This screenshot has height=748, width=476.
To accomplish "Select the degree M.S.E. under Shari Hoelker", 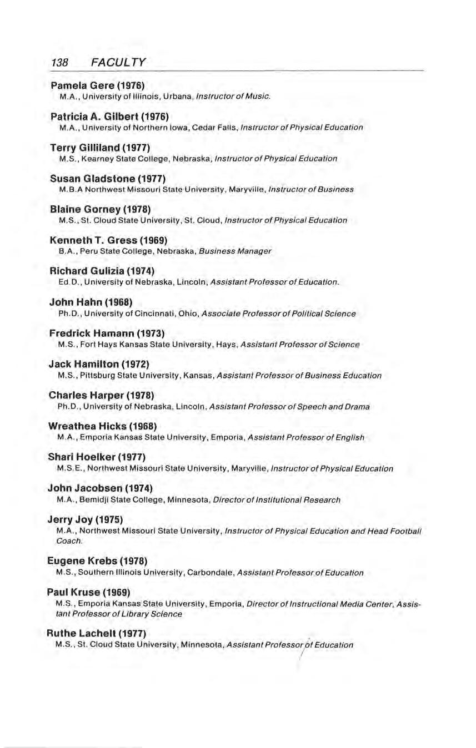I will (68, 468).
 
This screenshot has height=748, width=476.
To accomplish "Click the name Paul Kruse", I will (75, 592).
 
